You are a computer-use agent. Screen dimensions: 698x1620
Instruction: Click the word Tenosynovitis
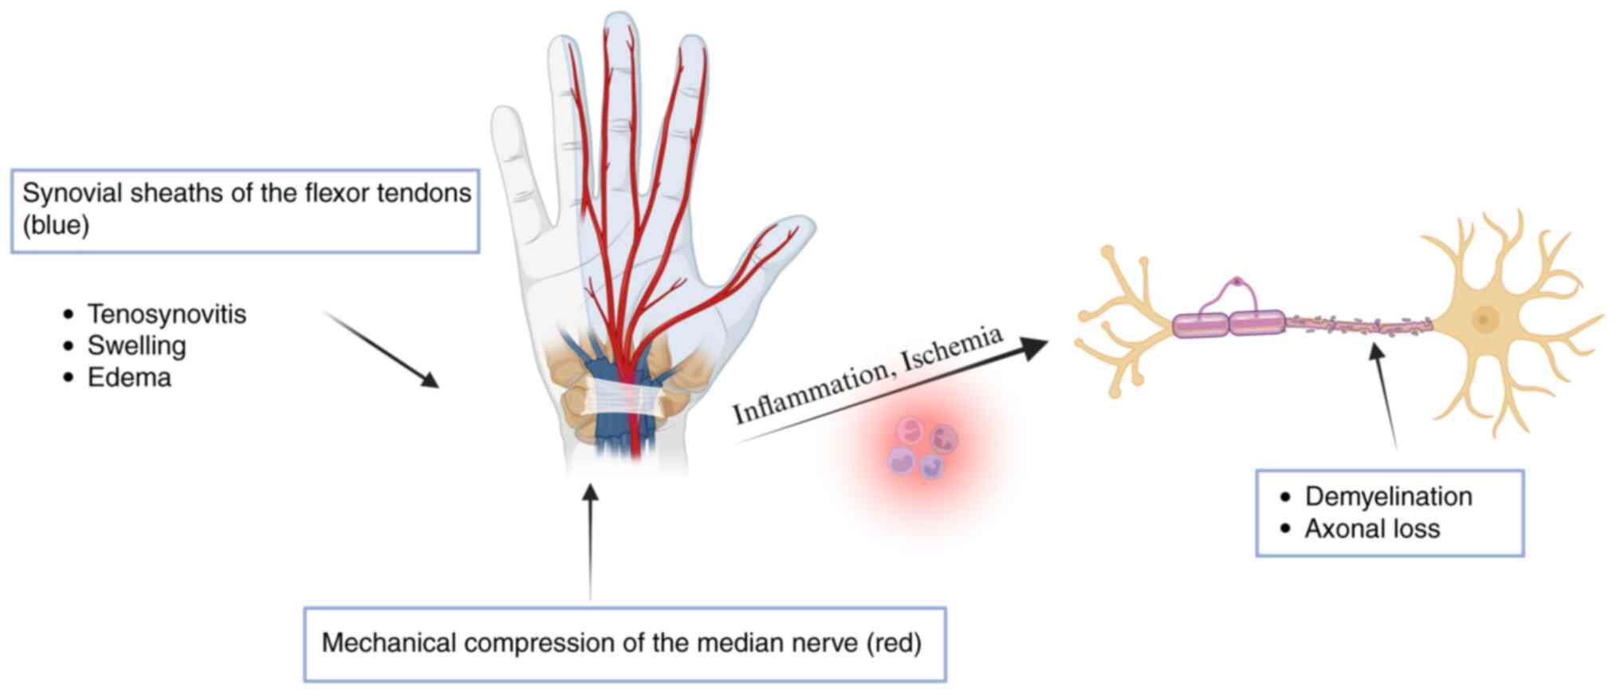(167, 314)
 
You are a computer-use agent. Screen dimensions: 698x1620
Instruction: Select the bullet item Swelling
(136, 345)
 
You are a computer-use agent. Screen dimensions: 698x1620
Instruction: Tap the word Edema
(129, 377)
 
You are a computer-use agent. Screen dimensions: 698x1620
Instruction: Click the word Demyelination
(1388, 496)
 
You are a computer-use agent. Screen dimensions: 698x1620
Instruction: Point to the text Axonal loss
(1372, 529)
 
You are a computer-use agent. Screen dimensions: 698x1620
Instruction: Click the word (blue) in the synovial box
(56, 225)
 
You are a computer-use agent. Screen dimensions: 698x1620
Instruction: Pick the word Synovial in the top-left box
(72, 193)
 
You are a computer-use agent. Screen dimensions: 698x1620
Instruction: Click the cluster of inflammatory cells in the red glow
(922, 449)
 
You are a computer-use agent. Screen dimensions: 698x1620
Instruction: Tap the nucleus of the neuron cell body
(1484, 320)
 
